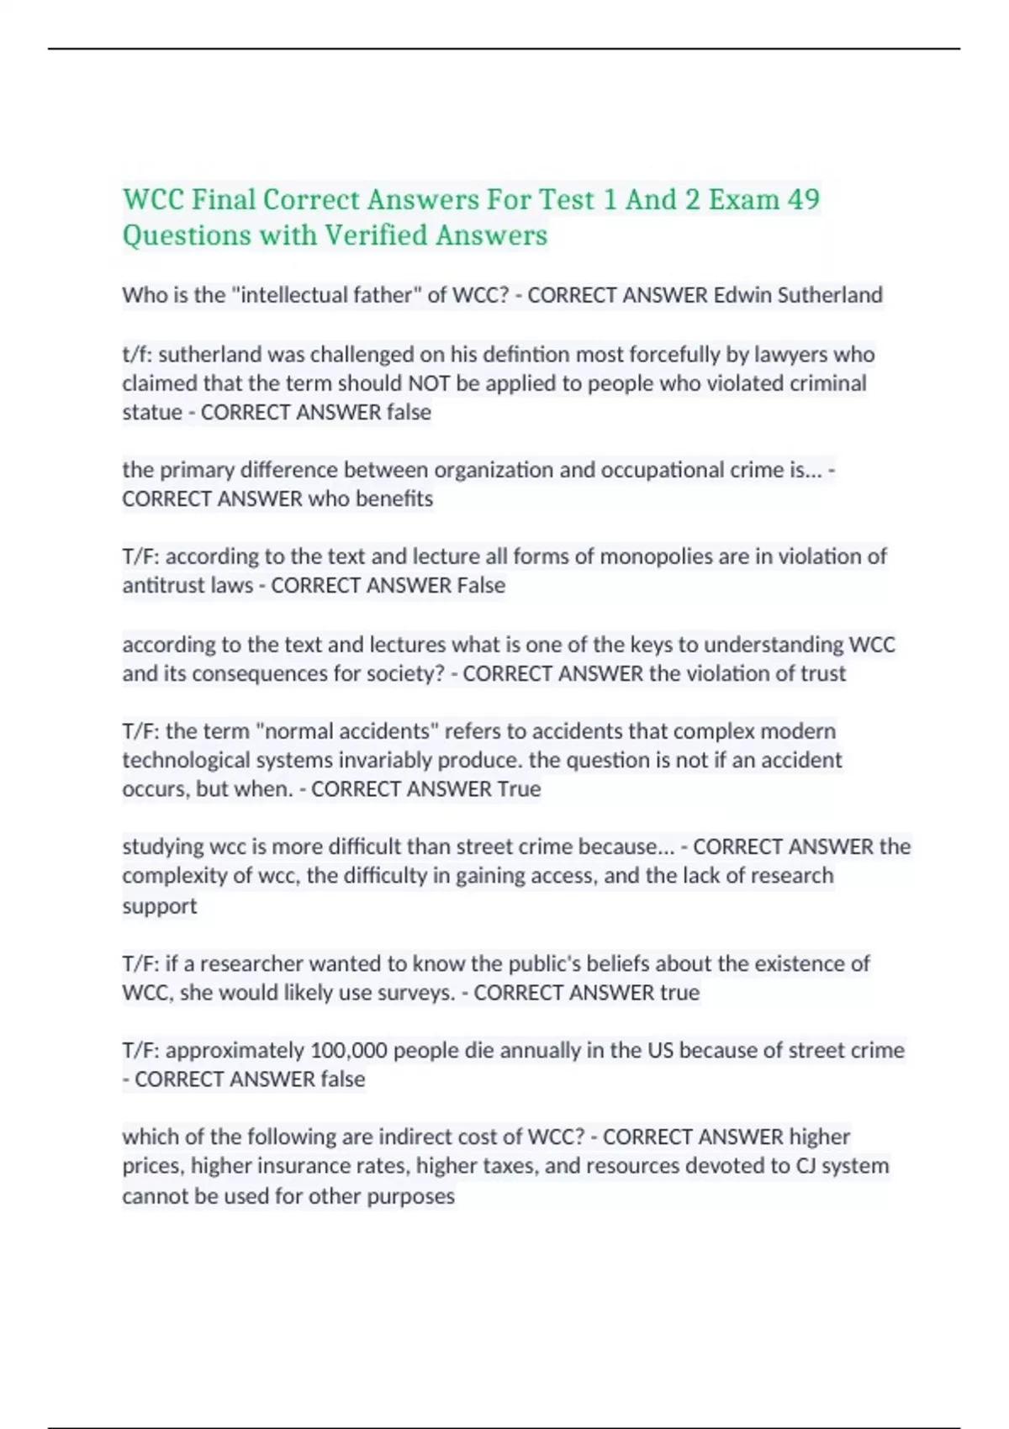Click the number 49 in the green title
(803, 200)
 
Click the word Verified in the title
(377, 235)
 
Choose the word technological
(185, 760)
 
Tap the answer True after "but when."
(519, 788)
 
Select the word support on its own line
(160, 906)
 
